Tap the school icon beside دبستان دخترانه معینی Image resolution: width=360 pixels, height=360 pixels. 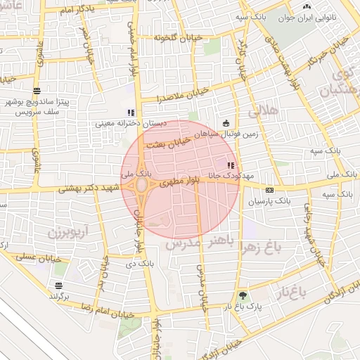coord(130,112)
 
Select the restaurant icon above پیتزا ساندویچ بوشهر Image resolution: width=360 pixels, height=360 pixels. coord(37,91)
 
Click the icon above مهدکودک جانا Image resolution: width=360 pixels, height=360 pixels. coord(231,165)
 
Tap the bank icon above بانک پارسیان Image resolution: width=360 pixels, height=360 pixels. coord(269,190)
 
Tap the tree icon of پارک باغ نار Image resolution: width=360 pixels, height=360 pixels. coord(243,296)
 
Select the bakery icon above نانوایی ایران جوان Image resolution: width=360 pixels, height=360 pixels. coord(306,8)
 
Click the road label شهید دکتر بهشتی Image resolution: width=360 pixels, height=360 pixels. coord(88,187)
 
